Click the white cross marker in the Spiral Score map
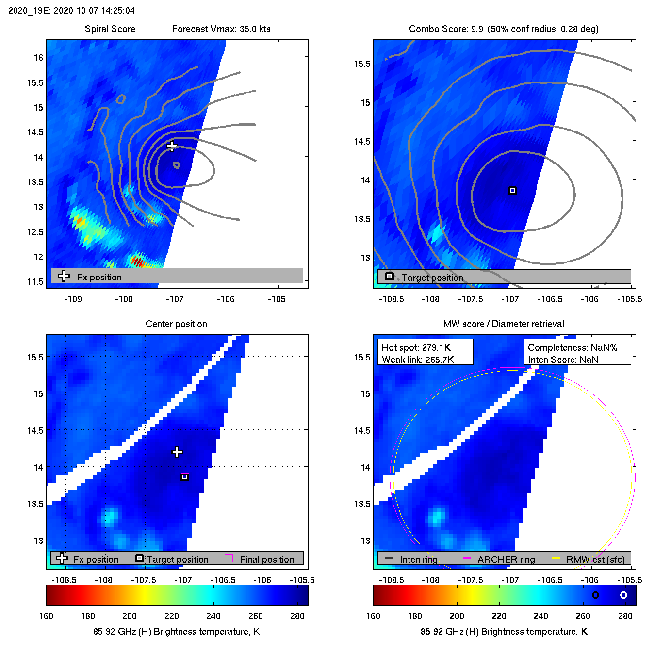tap(171, 146)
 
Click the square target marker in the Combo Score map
tap(512, 191)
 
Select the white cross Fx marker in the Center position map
tap(178, 452)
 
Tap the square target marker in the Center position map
tap(185, 477)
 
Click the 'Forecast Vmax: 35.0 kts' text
tap(221, 29)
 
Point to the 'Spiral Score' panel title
tap(110, 29)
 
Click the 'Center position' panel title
tap(176, 324)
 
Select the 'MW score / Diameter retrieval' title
tap(504, 324)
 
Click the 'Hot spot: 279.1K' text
tap(416, 347)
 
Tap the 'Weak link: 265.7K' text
tap(418, 360)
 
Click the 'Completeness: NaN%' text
tap(573, 347)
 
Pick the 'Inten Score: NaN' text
tap(563, 360)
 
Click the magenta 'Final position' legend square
tap(229, 558)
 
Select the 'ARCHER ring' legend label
tap(506, 559)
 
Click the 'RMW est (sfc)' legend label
tap(596, 559)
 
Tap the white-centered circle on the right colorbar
tap(624, 595)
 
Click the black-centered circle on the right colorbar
tap(595, 595)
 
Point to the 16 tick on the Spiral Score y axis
tap(38, 58)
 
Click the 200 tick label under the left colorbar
tap(130, 616)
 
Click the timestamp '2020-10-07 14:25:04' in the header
tap(94, 11)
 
